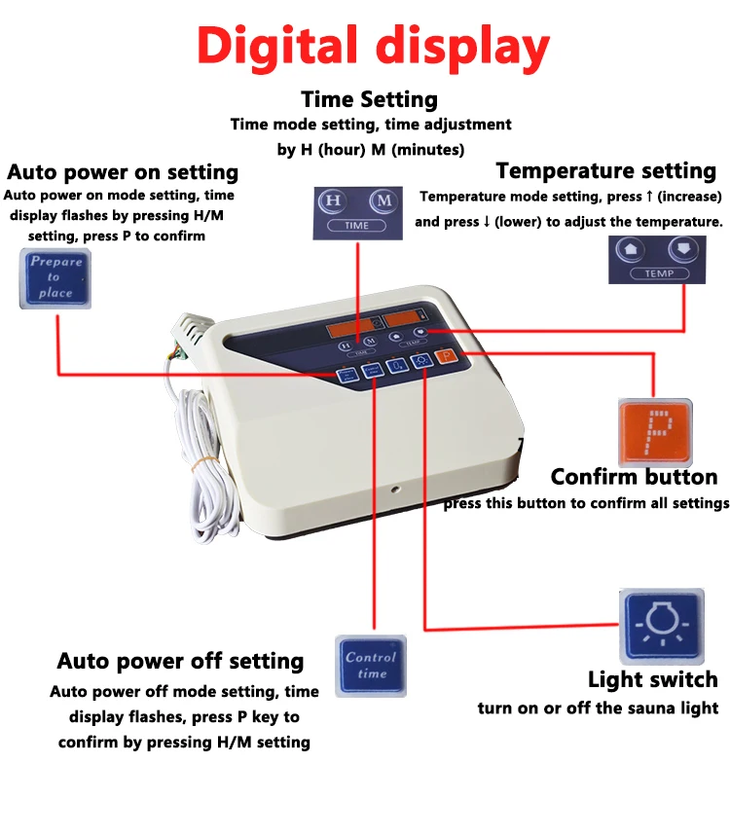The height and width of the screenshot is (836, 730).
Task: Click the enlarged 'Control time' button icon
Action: click(371, 665)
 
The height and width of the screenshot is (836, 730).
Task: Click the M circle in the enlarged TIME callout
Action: click(384, 200)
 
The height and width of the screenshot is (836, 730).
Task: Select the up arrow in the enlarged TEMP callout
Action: click(632, 249)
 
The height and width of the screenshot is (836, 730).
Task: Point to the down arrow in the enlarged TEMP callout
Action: click(684, 249)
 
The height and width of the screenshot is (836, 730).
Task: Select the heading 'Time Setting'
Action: click(369, 99)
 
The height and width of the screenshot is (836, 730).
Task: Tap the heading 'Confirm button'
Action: click(634, 477)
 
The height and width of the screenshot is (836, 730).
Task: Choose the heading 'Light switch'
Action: click(652, 679)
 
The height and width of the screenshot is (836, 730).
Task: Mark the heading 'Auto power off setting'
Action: click(180, 661)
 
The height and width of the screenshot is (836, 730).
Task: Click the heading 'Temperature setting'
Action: click(605, 170)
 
